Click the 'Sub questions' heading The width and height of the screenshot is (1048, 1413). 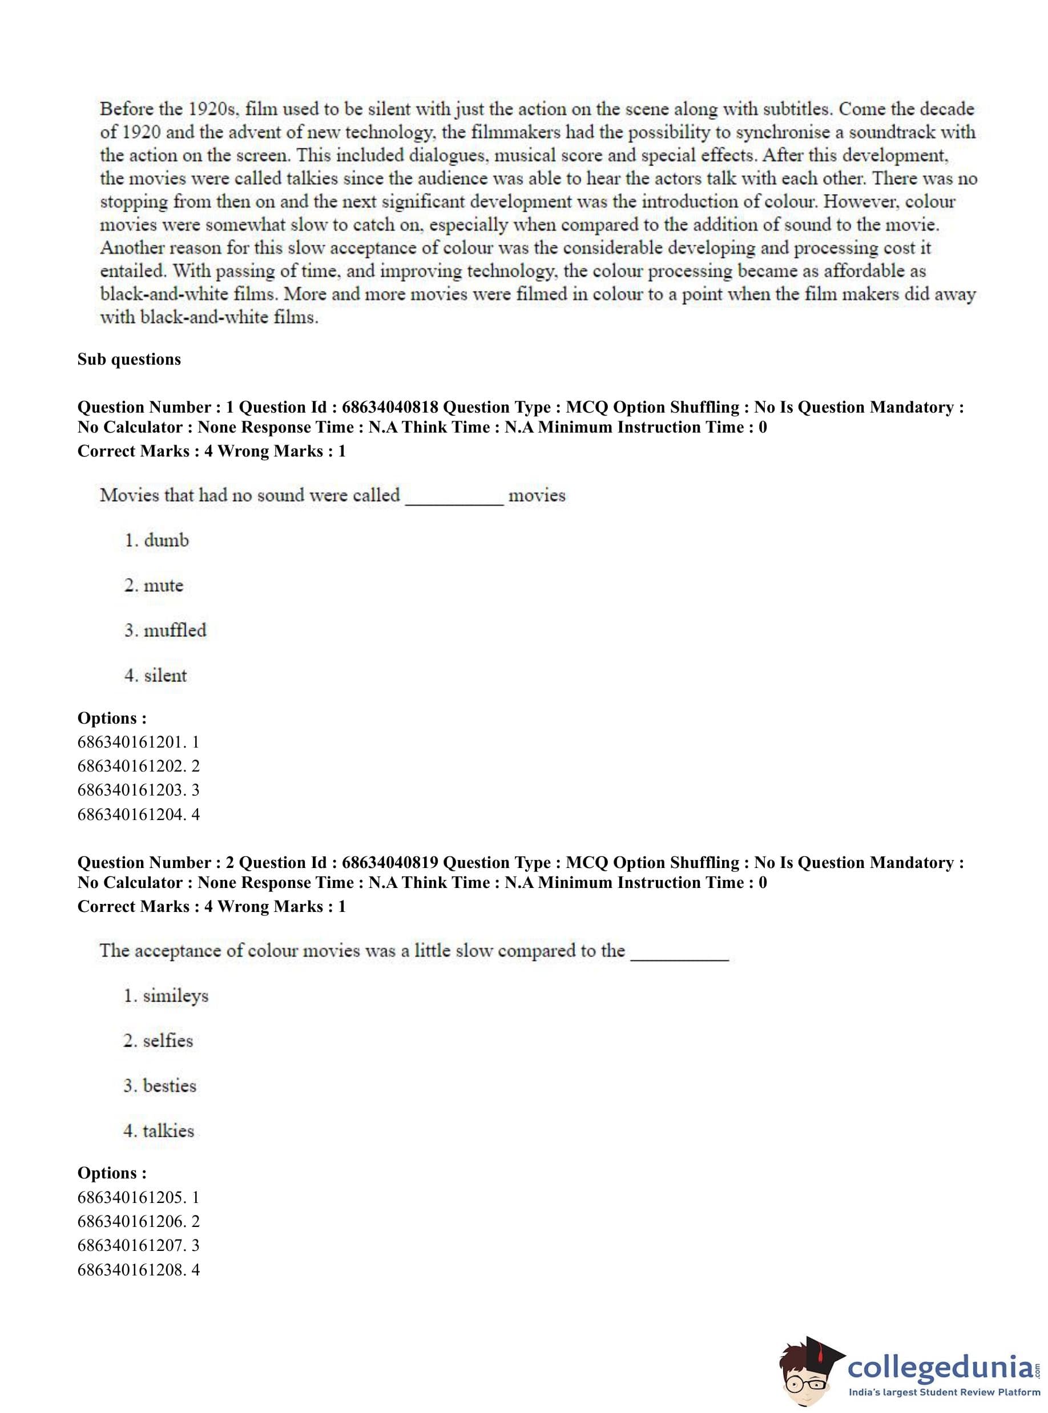click(129, 359)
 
